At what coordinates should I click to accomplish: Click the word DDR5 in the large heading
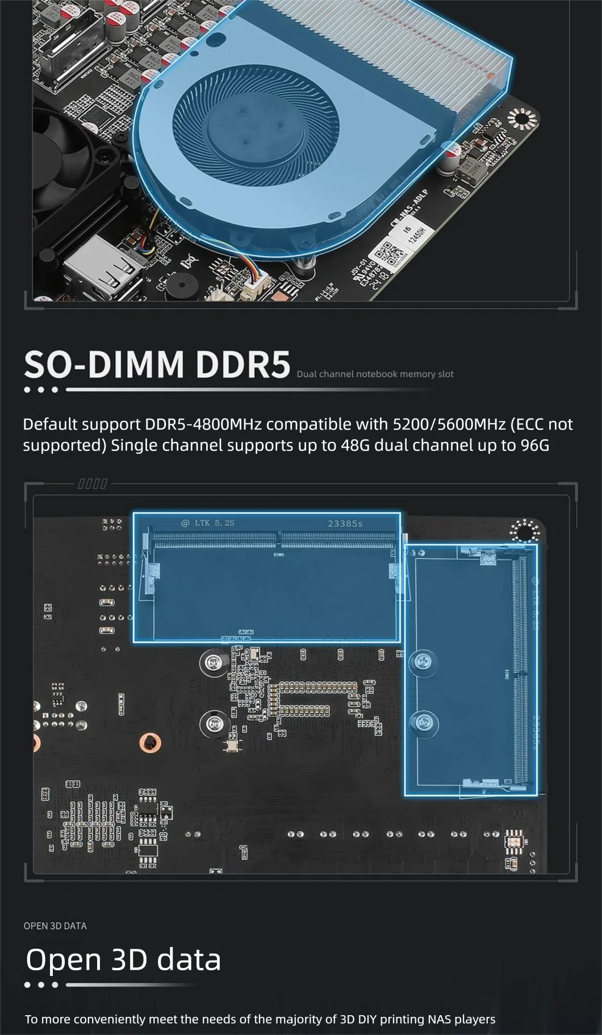click(x=243, y=364)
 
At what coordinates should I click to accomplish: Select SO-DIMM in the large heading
click(x=104, y=364)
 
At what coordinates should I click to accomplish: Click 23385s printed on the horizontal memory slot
click(x=345, y=523)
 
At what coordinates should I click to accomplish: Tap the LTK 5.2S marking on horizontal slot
click(x=208, y=523)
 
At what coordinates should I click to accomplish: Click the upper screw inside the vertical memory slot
click(x=423, y=661)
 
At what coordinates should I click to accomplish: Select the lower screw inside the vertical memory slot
click(x=423, y=721)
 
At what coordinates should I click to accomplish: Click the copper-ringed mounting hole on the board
click(x=150, y=742)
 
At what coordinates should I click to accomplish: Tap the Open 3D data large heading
click(x=123, y=959)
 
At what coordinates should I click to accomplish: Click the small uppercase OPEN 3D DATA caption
click(x=55, y=926)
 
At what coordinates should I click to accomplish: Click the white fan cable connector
click(x=250, y=291)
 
